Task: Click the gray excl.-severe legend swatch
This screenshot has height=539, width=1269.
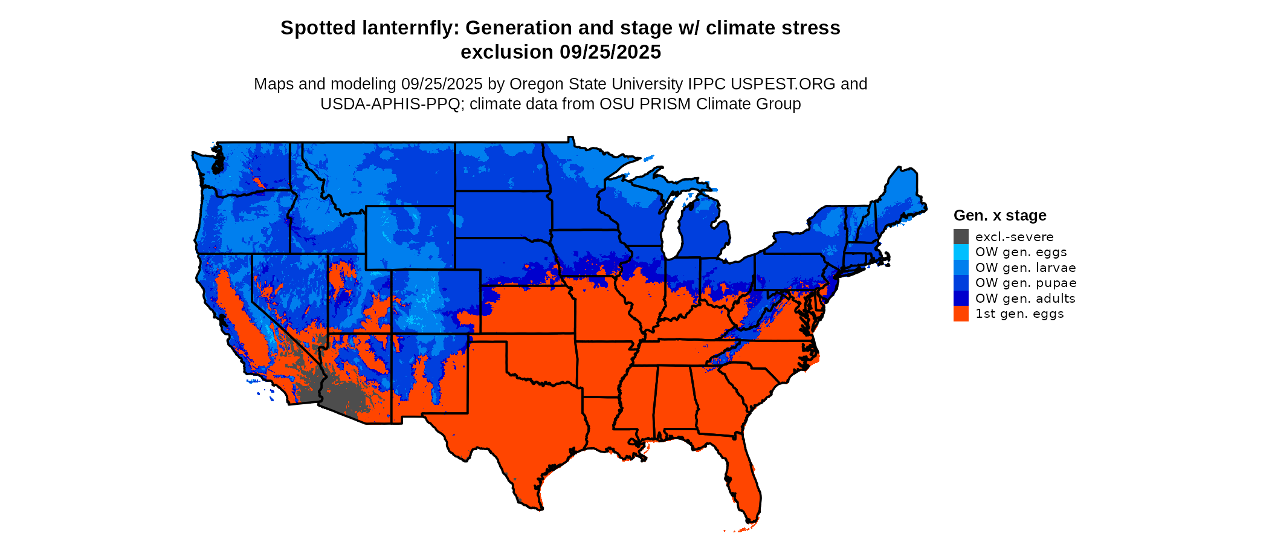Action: pos(961,237)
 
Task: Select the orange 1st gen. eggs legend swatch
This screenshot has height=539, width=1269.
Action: pos(961,314)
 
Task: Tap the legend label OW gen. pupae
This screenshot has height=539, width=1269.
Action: pos(1025,283)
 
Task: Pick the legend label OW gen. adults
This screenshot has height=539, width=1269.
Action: pos(1025,299)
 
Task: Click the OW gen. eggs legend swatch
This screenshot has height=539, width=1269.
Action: pos(961,252)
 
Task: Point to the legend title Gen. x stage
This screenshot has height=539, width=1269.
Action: pos(999,216)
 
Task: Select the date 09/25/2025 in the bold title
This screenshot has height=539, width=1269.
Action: pos(610,53)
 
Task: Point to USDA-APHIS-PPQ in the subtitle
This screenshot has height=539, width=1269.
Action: pos(390,104)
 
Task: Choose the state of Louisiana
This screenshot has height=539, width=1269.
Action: pos(604,423)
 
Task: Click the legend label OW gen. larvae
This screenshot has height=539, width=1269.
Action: pos(1025,268)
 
